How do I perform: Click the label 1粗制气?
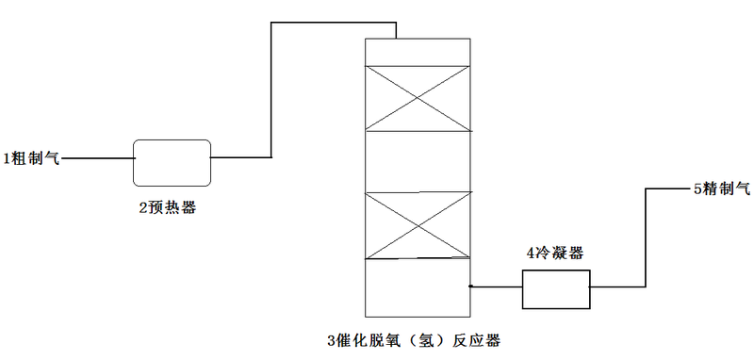[x=31, y=158]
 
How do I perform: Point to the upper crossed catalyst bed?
[x=417, y=98]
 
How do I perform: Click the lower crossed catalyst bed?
[x=417, y=224]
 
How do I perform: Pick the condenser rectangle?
[x=556, y=288]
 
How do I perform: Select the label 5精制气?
[x=722, y=189]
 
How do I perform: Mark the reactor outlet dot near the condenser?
[x=469, y=286]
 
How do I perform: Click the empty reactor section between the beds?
[x=417, y=161]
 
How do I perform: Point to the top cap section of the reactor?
[x=417, y=52]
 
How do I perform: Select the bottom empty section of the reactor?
[x=417, y=286]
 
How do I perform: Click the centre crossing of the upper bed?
[x=417, y=98]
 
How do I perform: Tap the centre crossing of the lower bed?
[x=417, y=224]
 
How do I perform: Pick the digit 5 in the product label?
[x=697, y=189]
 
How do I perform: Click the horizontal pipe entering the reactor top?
[x=334, y=23]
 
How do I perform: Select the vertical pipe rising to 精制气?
[x=646, y=236]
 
